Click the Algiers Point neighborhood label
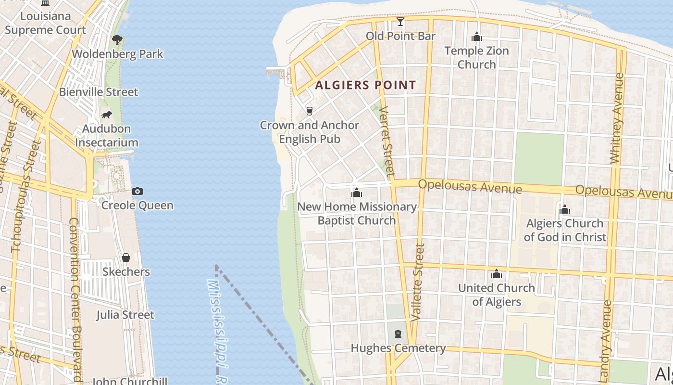(365, 86)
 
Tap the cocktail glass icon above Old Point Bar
(400, 22)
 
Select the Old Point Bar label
(400, 36)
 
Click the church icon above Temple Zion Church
(476, 37)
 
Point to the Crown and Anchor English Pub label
(310, 132)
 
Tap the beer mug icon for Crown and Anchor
(310, 111)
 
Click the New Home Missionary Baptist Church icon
(356, 193)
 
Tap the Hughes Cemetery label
(398, 348)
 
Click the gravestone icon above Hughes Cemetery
(398, 334)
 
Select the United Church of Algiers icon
(497, 274)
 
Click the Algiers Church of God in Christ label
(565, 230)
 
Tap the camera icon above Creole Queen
(137, 191)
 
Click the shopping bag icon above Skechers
(126, 257)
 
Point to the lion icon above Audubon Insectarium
(106, 115)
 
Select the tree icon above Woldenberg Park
(117, 40)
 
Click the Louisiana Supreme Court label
(45, 23)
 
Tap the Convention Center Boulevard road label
(75, 298)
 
